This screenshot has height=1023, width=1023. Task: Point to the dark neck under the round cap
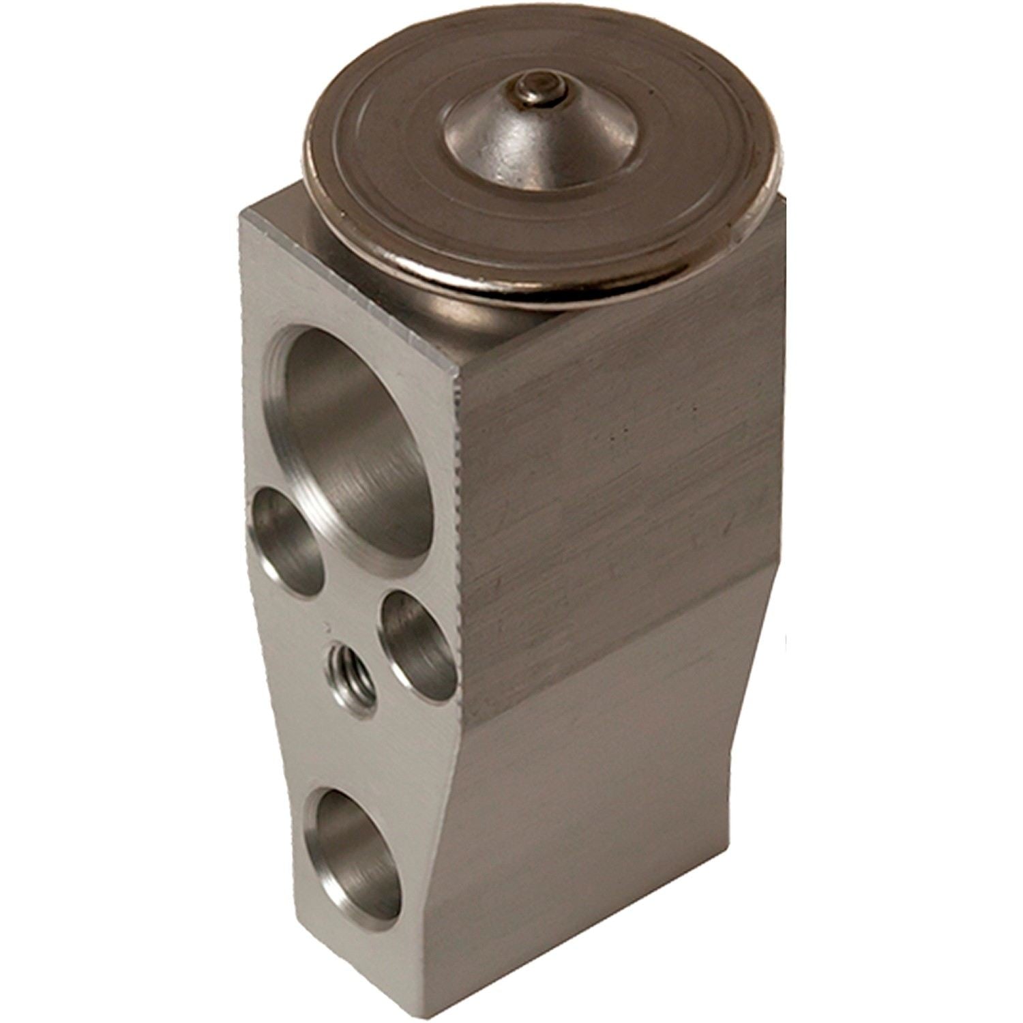pos(477,307)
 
